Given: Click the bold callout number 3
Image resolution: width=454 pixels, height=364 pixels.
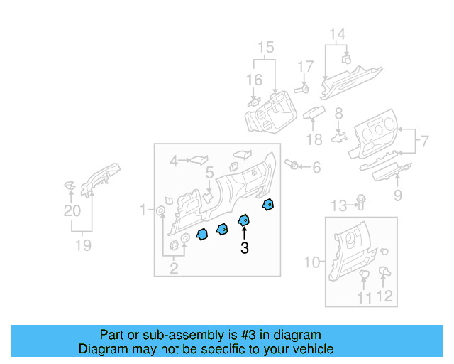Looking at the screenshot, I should [245, 248].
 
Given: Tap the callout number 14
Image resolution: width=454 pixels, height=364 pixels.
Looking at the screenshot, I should [337, 34].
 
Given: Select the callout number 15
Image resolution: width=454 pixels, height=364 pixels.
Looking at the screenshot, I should [265, 48].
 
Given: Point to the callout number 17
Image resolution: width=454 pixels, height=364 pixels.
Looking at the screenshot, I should [305, 67].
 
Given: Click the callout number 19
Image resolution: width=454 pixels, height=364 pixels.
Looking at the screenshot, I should [84, 245].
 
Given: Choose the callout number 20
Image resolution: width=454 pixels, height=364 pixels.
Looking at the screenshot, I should [72, 210].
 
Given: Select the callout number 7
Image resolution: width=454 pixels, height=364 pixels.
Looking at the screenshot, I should [423, 141].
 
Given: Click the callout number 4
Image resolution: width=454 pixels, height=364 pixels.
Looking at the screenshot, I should [174, 162].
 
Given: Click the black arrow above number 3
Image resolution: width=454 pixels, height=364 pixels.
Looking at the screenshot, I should [245, 232].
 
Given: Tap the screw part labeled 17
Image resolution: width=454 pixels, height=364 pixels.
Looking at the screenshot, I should [302, 89].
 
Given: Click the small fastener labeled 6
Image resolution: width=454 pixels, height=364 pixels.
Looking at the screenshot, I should [291, 165].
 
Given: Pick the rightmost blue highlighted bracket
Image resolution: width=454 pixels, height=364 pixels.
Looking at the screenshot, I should [268, 205].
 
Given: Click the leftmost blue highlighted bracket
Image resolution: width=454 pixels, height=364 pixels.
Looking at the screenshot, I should [201, 234].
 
